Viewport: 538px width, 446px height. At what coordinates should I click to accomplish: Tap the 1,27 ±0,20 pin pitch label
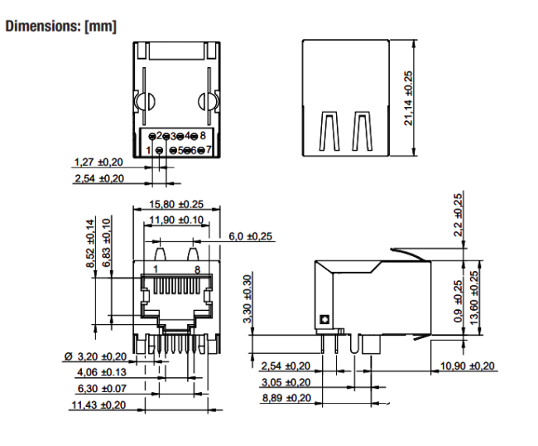tap(98, 162)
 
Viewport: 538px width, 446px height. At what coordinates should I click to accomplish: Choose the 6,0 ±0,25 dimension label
tap(251, 236)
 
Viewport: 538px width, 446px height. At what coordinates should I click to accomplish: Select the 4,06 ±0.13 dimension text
tap(101, 372)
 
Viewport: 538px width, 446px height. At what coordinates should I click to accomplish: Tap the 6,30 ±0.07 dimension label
tap(101, 388)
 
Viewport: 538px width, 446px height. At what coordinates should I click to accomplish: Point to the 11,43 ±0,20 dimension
tap(98, 405)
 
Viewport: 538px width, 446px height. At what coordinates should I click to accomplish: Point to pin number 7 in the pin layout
tap(209, 150)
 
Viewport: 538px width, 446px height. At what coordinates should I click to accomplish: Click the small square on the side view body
tap(323, 319)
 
